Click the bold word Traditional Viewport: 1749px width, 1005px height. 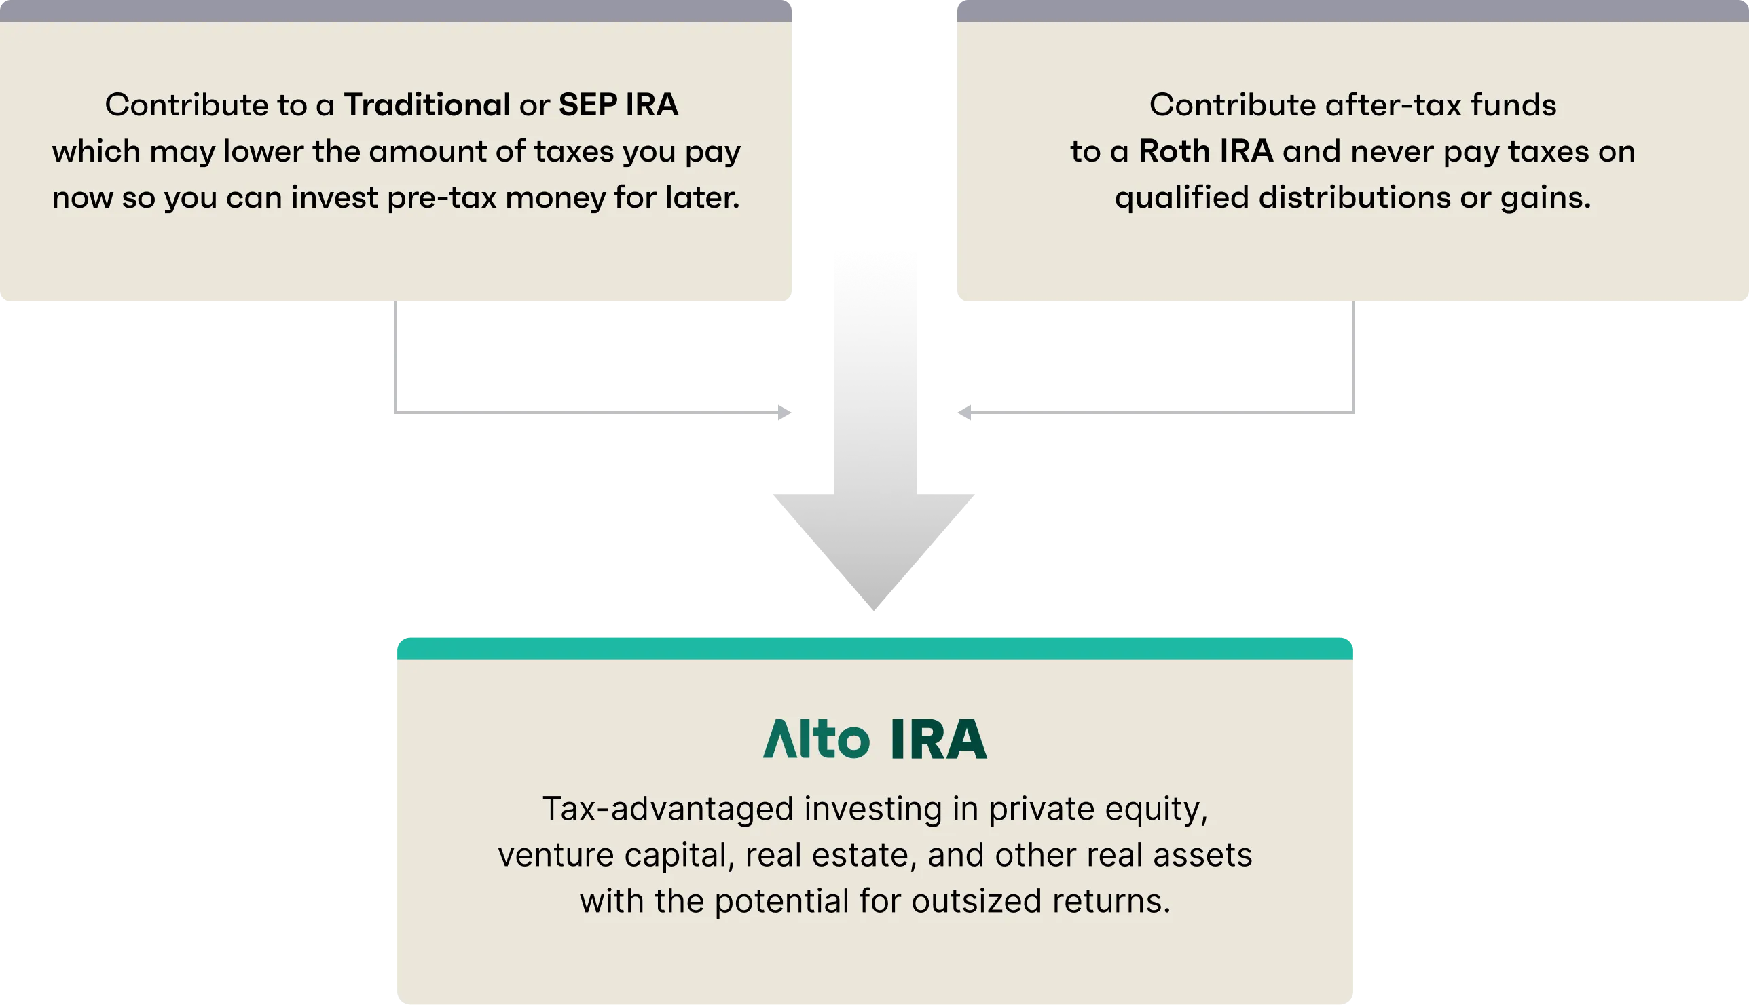(426, 105)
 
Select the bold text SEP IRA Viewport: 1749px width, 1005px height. (618, 105)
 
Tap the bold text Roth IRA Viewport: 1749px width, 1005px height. (1206, 151)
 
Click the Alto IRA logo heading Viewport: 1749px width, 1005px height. (874, 739)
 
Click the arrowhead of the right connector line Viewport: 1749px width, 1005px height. (967, 413)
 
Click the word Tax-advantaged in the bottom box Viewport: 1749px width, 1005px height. (667, 809)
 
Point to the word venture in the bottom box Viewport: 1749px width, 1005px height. (556, 855)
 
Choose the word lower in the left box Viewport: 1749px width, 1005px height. (263, 151)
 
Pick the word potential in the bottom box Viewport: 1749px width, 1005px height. (781, 901)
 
